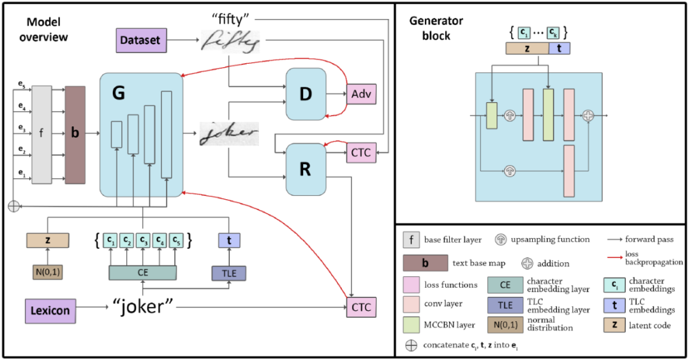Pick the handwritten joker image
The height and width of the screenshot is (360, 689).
(228, 134)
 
